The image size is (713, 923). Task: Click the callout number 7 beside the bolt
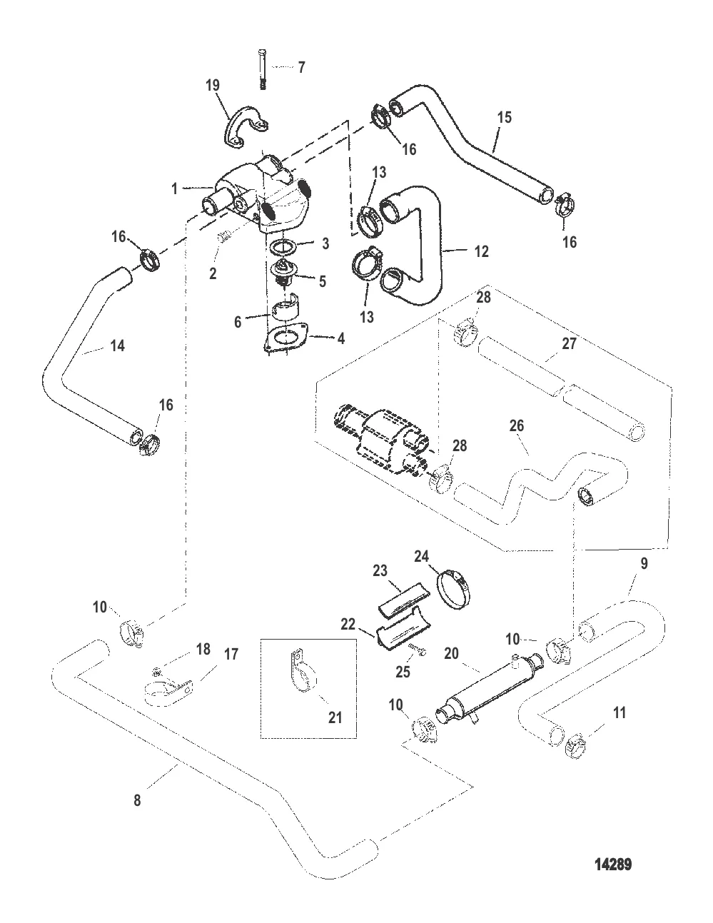pyautogui.click(x=301, y=68)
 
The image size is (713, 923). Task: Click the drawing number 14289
pyautogui.click(x=613, y=865)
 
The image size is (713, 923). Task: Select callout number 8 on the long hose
pyautogui.click(x=138, y=801)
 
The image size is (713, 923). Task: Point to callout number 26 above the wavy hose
pyautogui.click(x=517, y=426)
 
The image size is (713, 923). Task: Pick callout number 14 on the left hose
pyautogui.click(x=117, y=346)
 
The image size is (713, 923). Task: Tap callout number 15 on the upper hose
pyautogui.click(x=504, y=117)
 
